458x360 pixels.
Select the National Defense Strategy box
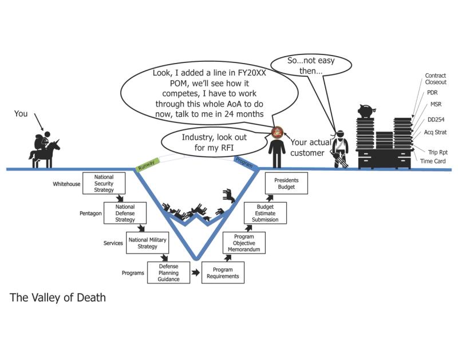tap(125, 212)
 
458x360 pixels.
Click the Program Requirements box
tap(223, 273)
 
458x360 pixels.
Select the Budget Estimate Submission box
tap(265, 212)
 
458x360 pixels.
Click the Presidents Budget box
tap(286, 183)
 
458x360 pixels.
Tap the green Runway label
tap(144, 166)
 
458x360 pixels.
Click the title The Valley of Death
tap(58, 298)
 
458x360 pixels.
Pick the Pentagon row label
tap(90, 213)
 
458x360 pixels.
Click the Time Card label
tap(433, 162)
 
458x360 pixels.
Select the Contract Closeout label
tap(436, 79)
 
